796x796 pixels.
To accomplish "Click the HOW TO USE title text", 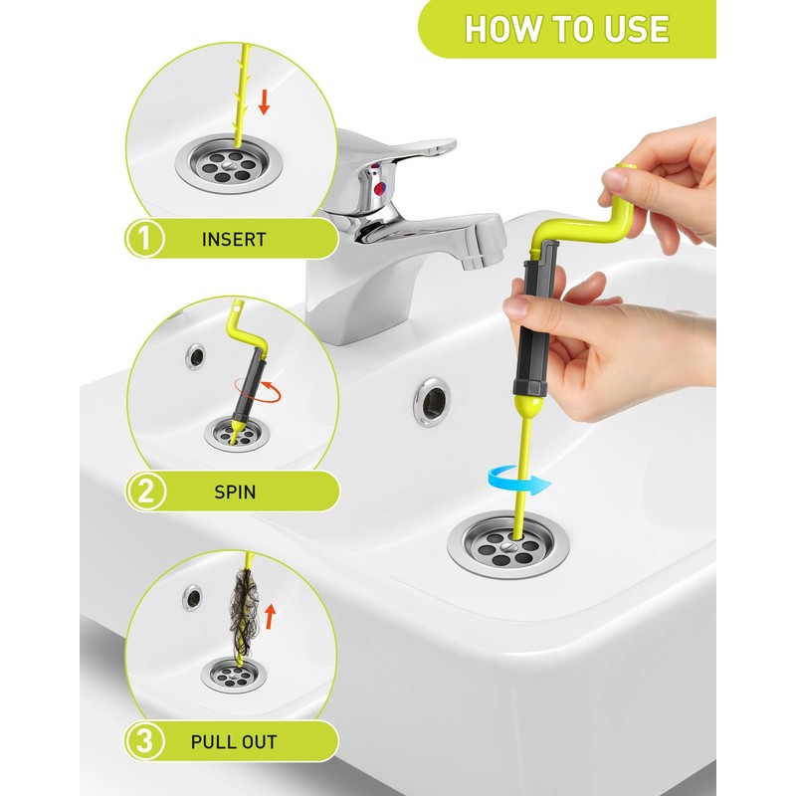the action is point(566,29).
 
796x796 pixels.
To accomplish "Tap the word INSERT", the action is point(234,240).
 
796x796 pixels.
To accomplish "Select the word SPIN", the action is point(235,492).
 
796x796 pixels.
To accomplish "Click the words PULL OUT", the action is point(234,742).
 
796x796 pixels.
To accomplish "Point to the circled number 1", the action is point(144,239).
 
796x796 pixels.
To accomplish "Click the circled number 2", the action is point(145,492).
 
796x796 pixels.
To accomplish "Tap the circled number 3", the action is point(144,741).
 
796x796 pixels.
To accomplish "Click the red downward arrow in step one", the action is point(264,101).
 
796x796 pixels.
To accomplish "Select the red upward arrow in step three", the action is point(271,616).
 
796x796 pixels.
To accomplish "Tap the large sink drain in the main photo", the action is point(508,545).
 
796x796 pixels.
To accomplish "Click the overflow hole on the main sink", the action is point(432,402).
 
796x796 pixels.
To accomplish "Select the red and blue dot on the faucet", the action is point(379,189).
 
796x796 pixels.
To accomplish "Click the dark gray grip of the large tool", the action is point(534,320).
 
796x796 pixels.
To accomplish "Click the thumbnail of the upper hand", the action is point(614,180).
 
